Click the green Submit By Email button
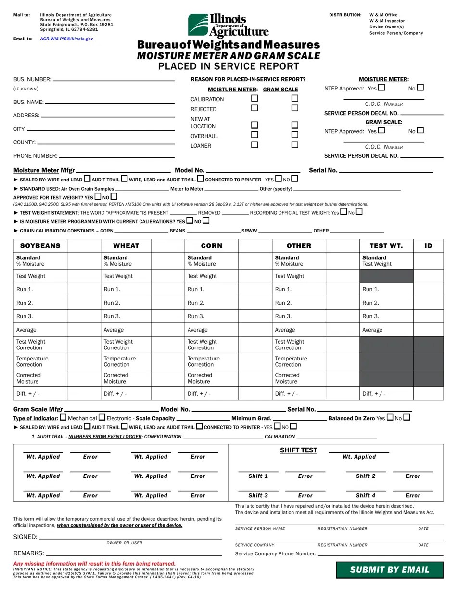tap(389, 570)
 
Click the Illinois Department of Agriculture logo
tap(228, 25)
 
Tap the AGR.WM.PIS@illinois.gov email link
tap(66, 39)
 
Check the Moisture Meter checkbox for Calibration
tap(254, 98)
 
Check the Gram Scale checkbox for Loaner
tap(295, 145)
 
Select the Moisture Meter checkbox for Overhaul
tap(254, 135)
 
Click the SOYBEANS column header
tap(40, 245)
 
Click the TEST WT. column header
tap(386, 245)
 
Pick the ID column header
tap(428, 245)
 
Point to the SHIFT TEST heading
tap(298, 450)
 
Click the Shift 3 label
tap(258, 495)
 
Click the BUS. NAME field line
tap(110, 102)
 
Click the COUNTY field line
tap(106, 142)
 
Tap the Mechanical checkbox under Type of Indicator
tap(63, 418)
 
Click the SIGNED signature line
tap(130, 537)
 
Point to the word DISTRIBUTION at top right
tap(345, 15)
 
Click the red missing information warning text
tap(94, 563)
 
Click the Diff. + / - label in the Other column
tap(286, 393)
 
